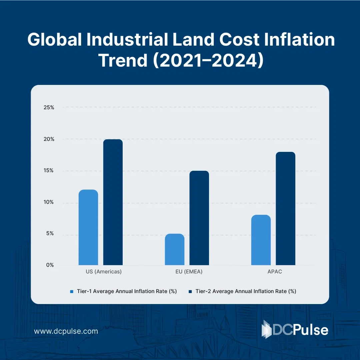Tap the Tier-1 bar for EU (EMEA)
coord(175,249)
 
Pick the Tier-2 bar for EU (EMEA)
coord(199,218)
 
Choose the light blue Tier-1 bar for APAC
coord(261,240)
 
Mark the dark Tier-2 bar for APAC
coord(285,208)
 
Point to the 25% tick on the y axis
coord(49,108)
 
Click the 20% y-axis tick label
coord(49,139)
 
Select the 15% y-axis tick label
coord(49,171)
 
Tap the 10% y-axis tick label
coord(49,202)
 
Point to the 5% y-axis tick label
coord(50,233)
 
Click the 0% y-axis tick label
coord(50,265)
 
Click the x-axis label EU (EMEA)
coord(187,272)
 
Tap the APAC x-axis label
coord(274,272)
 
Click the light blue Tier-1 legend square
coord(72,292)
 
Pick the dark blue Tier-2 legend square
coord(190,292)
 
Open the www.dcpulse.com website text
coord(66,331)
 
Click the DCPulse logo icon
coord(267,329)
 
